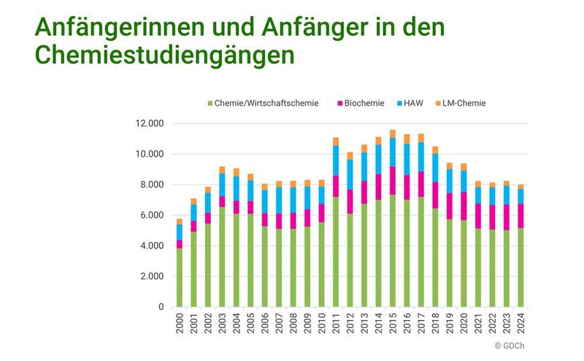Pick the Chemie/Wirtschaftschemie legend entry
click(x=264, y=104)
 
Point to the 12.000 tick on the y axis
click(x=151, y=123)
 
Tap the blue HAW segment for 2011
click(x=336, y=160)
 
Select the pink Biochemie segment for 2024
click(x=520, y=216)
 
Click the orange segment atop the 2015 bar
click(x=393, y=134)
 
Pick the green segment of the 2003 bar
click(x=223, y=255)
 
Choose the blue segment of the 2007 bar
click(x=280, y=201)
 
